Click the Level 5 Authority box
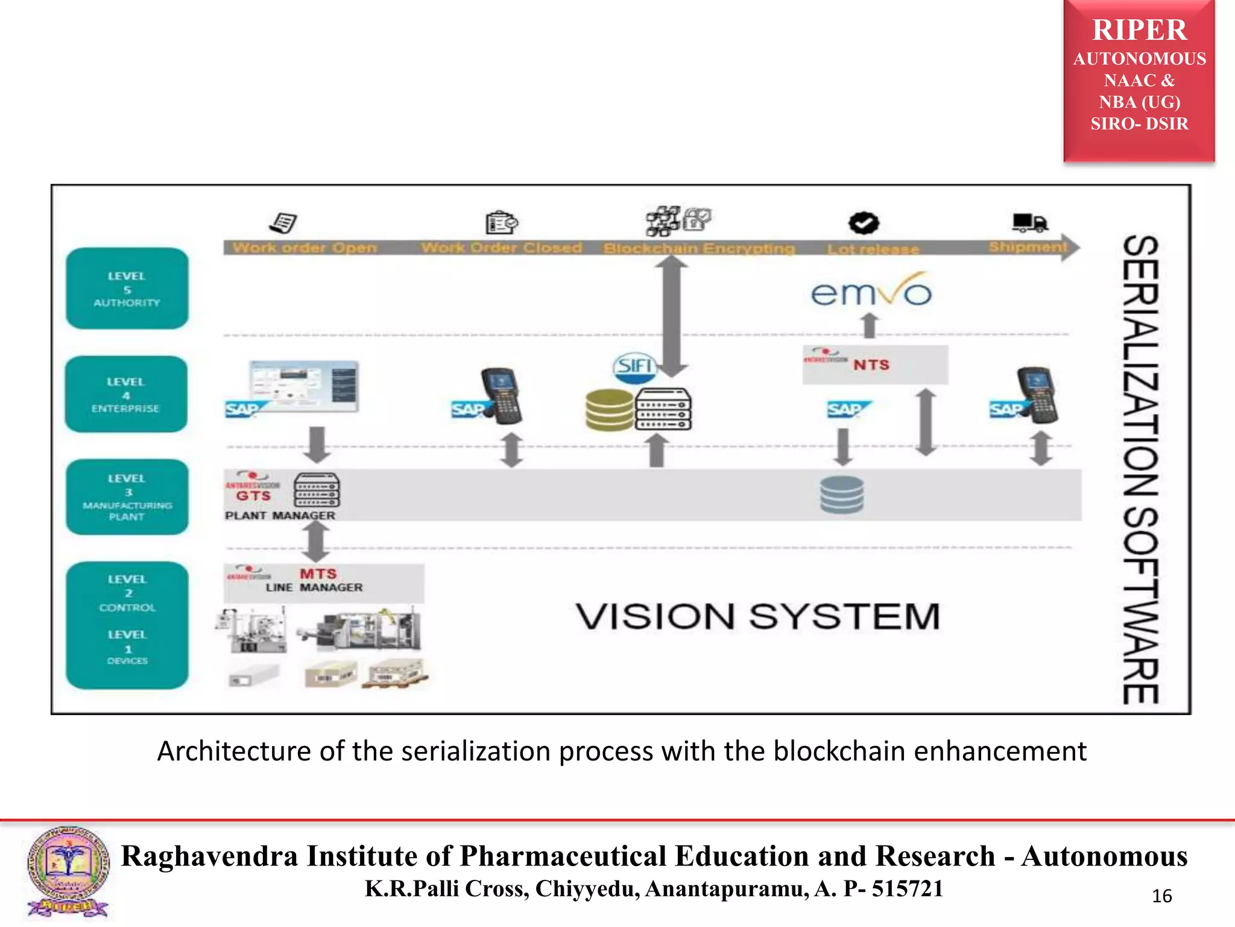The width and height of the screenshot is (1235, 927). [x=127, y=288]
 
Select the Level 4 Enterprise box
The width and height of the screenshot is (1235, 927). [x=126, y=394]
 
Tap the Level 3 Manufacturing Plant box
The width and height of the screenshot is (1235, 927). [x=127, y=497]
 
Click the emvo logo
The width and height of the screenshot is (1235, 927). [x=870, y=292]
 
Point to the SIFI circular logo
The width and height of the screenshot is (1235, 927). [x=634, y=366]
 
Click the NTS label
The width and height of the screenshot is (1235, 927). [x=871, y=365]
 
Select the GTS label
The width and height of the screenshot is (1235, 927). [x=253, y=495]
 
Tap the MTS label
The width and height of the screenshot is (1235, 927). [x=318, y=573]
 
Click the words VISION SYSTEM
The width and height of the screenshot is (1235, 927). [x=757, y=616]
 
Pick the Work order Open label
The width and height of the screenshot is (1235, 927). [x=305, y=247]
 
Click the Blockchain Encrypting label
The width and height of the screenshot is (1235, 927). [x=699, y=248]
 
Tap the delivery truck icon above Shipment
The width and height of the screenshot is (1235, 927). [x=1029, y=222]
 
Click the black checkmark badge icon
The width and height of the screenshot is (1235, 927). [x=864, y=223]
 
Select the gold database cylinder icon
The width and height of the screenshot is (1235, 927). [x=610, y=410]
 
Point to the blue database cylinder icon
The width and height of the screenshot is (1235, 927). [x=842, y=494]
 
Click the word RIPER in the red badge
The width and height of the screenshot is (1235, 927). [x=1139, y=30]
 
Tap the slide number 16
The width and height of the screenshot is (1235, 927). [x=1161, y=896]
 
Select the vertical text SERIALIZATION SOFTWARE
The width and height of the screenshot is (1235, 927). [x=1140, y=469]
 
